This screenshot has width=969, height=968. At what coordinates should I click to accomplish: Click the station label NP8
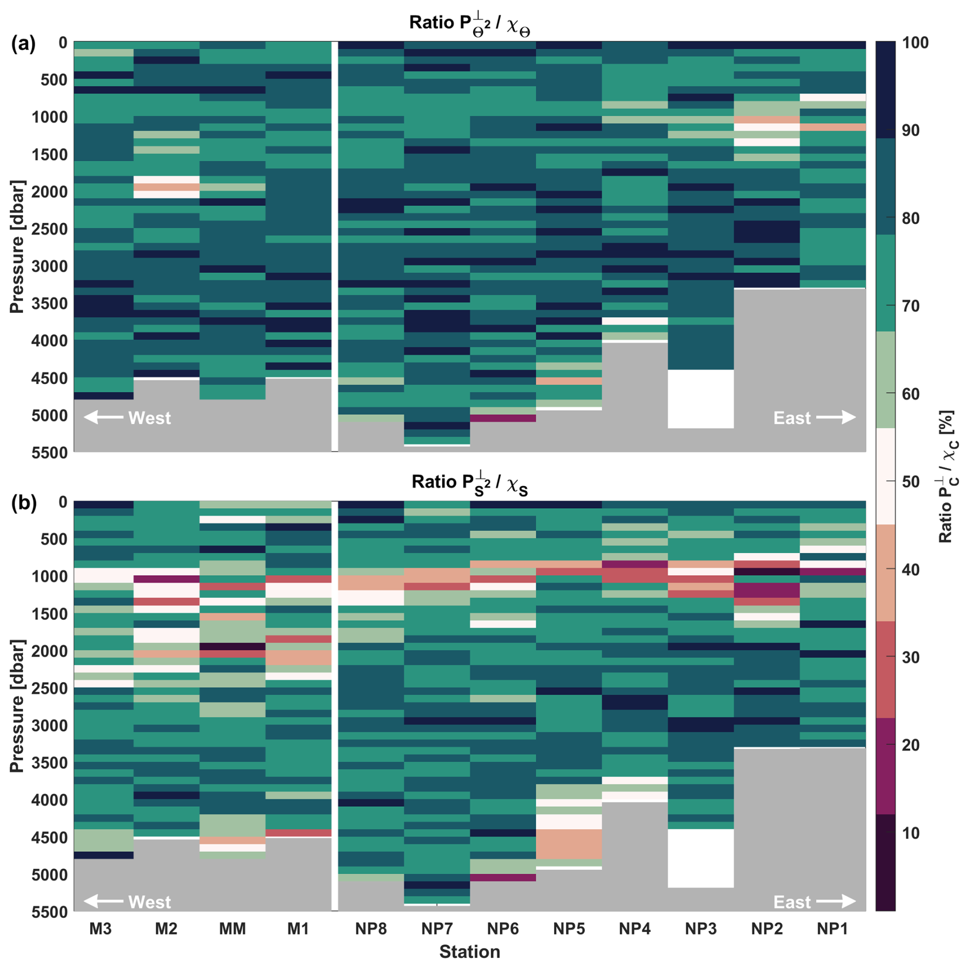371,929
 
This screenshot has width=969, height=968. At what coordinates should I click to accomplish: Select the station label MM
233,929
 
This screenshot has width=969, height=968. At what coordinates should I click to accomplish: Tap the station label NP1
832,929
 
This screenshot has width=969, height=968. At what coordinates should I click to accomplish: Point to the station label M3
100,929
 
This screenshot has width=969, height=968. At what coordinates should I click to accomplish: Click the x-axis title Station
470,952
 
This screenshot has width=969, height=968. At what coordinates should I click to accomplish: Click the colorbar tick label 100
915,43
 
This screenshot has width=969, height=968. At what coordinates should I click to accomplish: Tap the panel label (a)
24,44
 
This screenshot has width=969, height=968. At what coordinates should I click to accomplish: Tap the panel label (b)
24,503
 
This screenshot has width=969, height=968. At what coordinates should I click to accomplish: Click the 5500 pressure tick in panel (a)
49,453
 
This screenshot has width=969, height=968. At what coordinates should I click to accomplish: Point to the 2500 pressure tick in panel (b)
49,688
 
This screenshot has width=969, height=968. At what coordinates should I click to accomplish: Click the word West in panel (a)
150,418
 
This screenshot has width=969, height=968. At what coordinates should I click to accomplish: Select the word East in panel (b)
792,902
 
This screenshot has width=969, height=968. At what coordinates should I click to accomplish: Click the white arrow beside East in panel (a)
836,417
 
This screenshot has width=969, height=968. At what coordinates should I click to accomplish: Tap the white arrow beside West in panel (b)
103,901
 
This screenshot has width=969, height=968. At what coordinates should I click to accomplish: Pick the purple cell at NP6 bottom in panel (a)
503,418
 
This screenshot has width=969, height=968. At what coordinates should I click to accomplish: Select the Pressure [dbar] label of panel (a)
17,246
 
